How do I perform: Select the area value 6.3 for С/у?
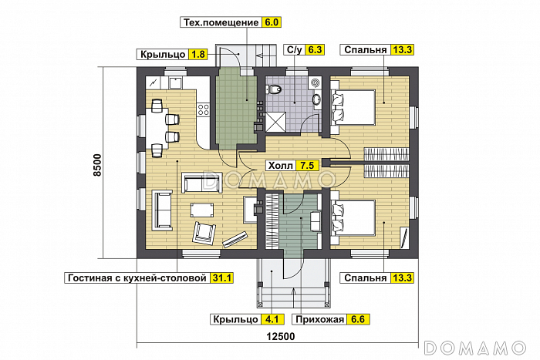click(x=315, y=49)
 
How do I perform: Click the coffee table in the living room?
click(x=202, y=209)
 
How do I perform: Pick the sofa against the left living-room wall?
click(x=163, y=209)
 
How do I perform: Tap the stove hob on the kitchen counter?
click(x=204, y=110)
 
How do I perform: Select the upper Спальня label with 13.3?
click(x=365, y=49)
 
